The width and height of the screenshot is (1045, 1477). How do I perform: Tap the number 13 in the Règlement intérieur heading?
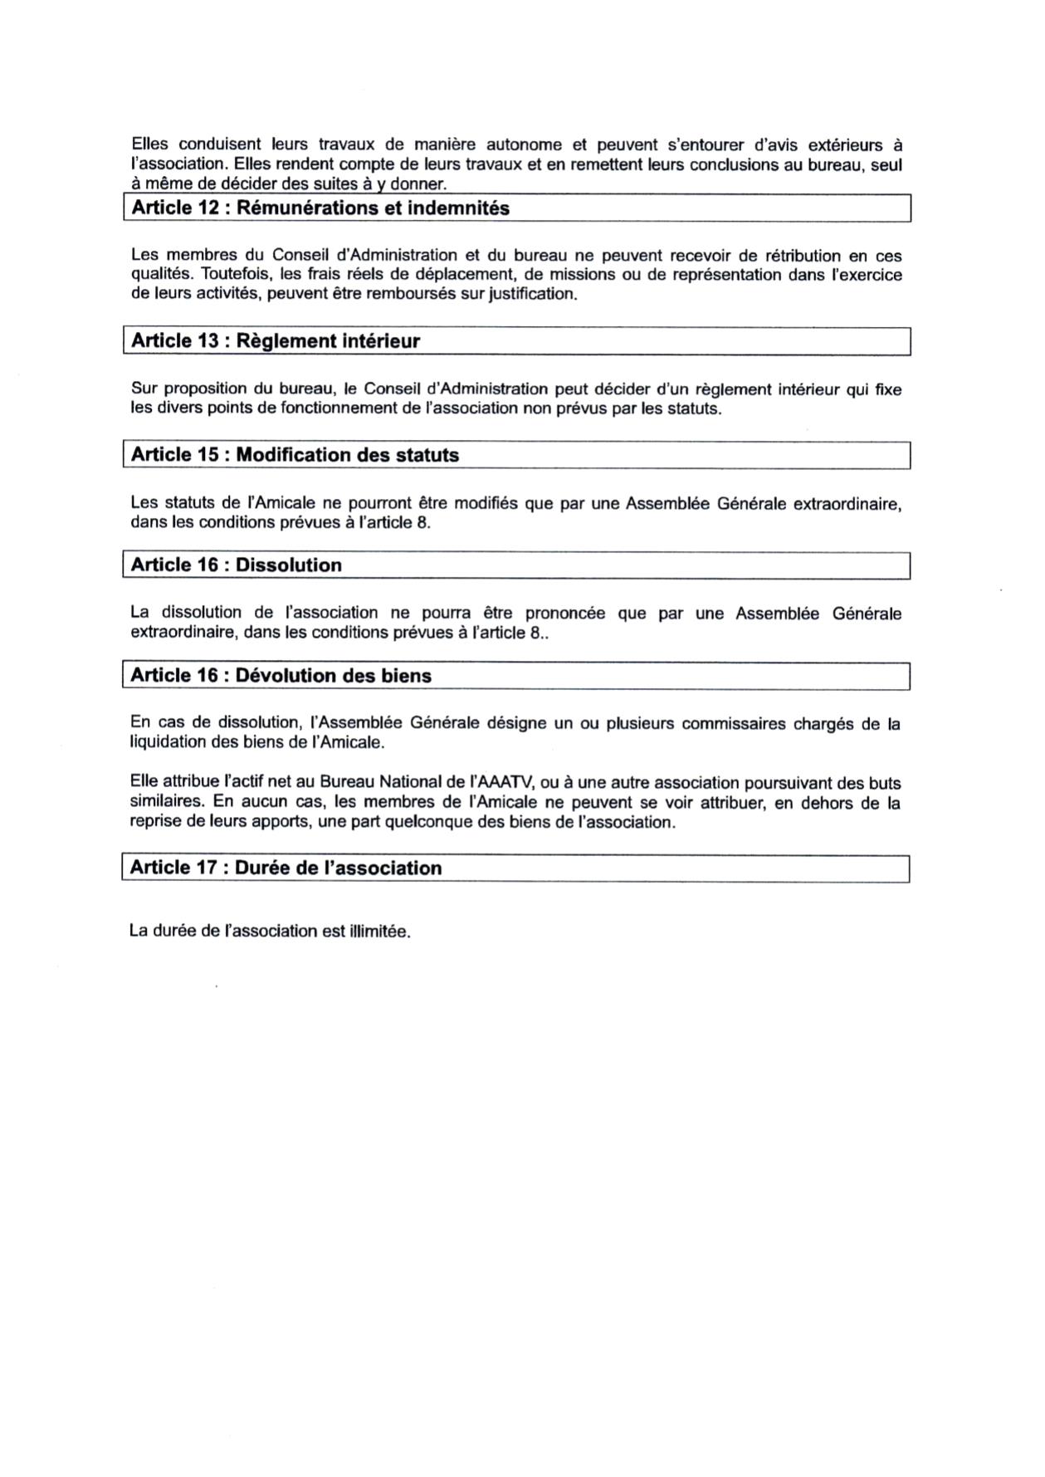pos(208,341)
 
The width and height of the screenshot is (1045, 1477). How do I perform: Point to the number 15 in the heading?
pos(208,455)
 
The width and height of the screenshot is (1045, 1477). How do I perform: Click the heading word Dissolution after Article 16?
pos(288,565)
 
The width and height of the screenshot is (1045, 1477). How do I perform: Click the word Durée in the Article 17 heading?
pos(256,868)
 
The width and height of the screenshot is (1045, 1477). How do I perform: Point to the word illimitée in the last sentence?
pos(379,932)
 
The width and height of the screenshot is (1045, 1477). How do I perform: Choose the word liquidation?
pos(168,742)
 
